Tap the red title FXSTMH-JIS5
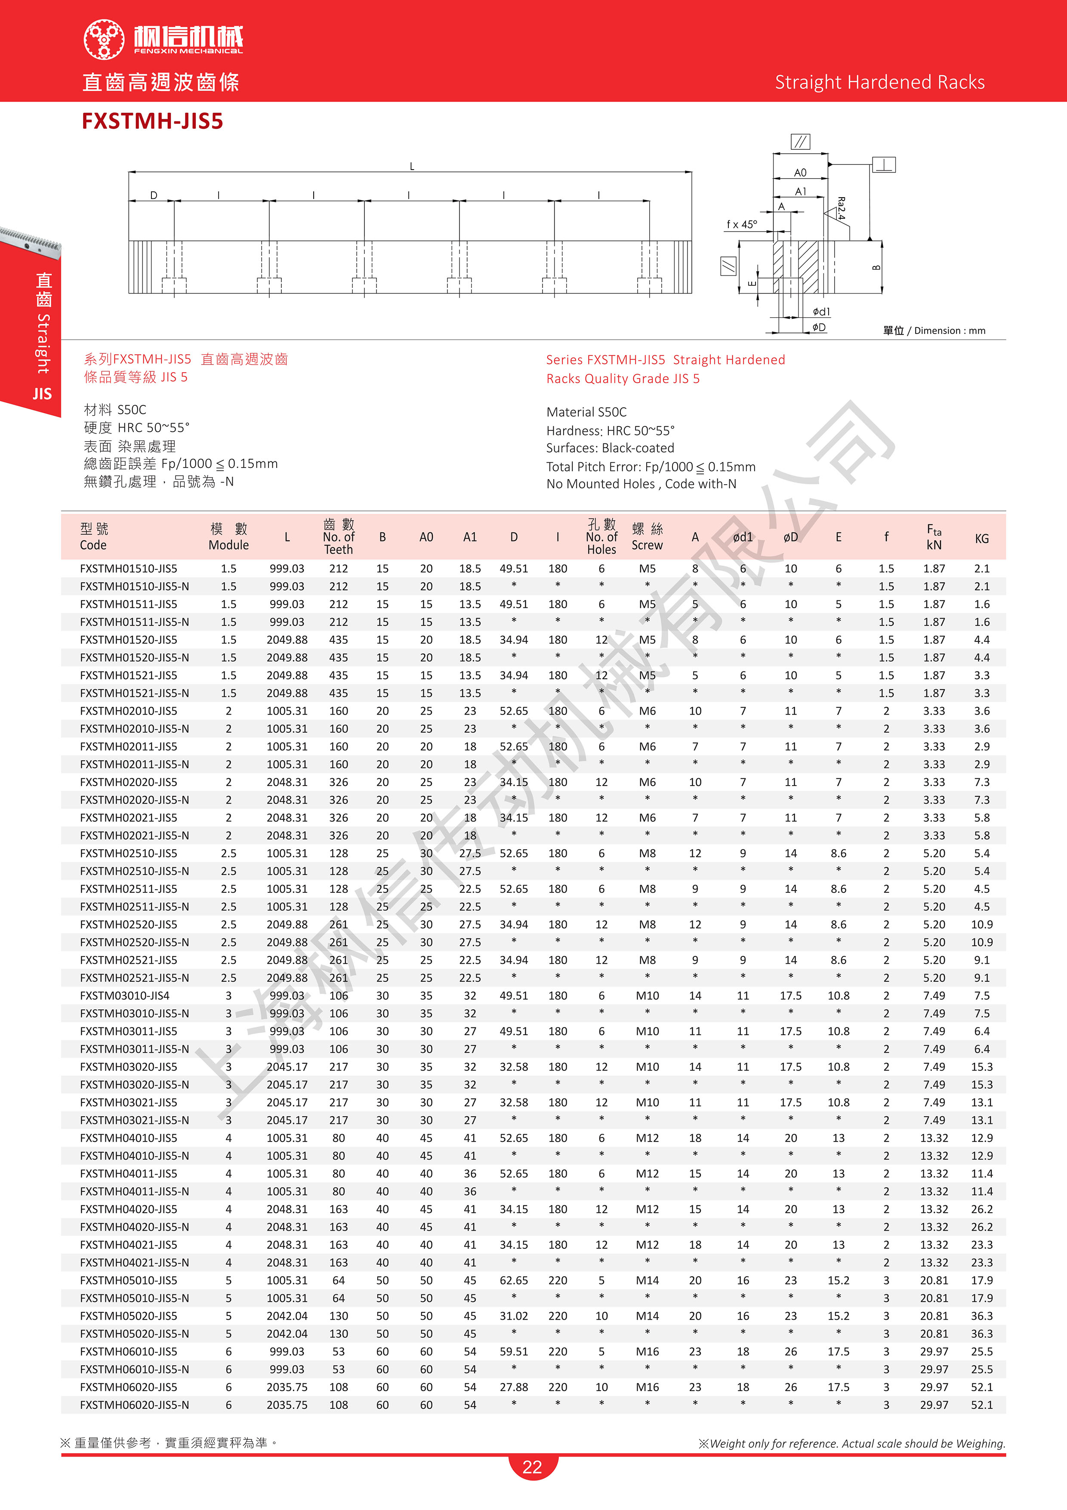pyautogui.click(x=152, y=121)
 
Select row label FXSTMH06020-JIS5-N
pyautogui.click(x=134, y=1405)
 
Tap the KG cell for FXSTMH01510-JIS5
pyautogui.click(x=981, y=569)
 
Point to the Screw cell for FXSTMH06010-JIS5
pyautogui.click(x=647, y=1352)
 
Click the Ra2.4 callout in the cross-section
pyautogui.click(x=841, y=208)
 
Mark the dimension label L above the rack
pyautogui.click(x=412, y=167)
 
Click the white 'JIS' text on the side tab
pyautogui.click(x=42, y=394)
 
